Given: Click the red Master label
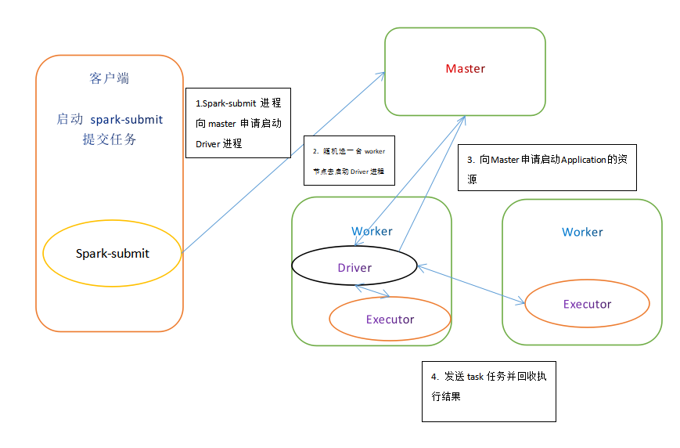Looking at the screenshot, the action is (466, 69).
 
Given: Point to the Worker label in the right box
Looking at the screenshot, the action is (582, 233).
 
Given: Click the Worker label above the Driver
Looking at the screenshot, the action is (372, 231).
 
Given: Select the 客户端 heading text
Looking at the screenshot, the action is (110, 78).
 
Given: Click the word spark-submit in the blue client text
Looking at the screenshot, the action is (127, 119).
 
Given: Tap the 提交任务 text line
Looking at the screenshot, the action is (110, 139).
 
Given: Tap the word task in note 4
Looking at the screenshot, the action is (475, 377).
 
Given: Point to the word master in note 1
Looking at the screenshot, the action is (221, 124).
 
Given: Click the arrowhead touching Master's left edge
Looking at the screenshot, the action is (382, 75).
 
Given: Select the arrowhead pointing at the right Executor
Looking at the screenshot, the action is (520, 302).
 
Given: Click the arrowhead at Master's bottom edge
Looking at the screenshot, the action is (462, 121).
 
